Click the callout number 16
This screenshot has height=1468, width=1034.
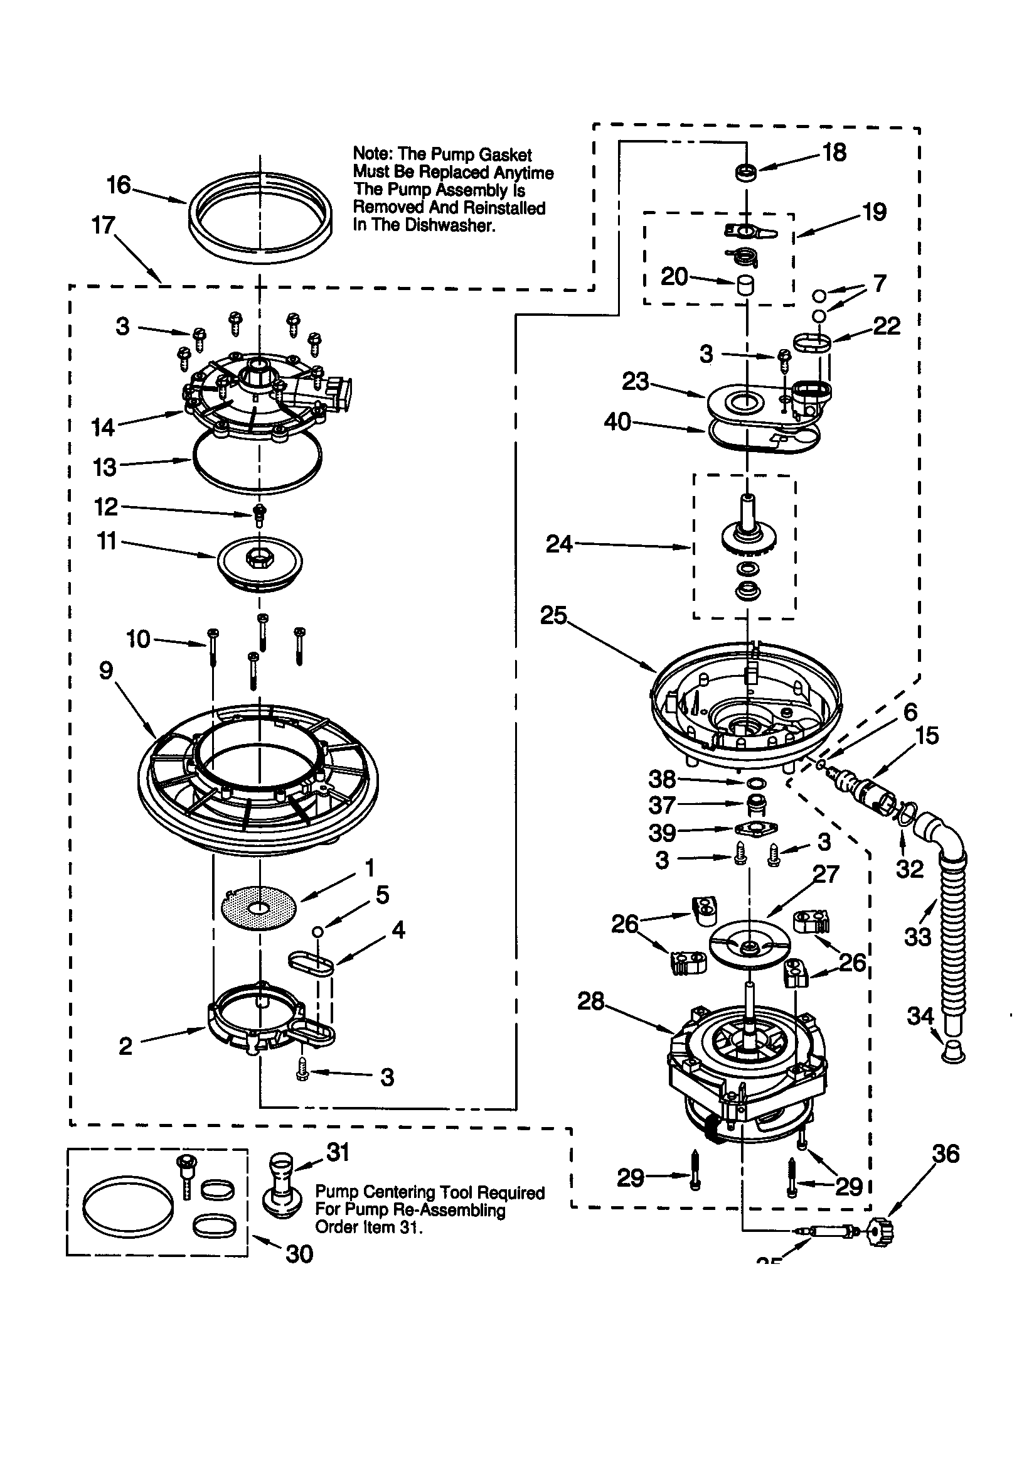[118, 185]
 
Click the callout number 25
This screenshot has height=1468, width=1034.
[553, 616]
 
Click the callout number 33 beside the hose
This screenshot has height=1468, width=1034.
[918, 937]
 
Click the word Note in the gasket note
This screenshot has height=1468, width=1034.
[372, 154]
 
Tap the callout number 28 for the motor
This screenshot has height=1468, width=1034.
[590, 1001]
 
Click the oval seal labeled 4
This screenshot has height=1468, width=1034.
[311, 963]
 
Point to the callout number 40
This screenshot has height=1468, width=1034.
[617, 422]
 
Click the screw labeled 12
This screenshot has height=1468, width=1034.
[260, 514]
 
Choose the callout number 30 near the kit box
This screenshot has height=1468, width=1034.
[299, 1255]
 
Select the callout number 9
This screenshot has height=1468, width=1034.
[106, 671]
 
